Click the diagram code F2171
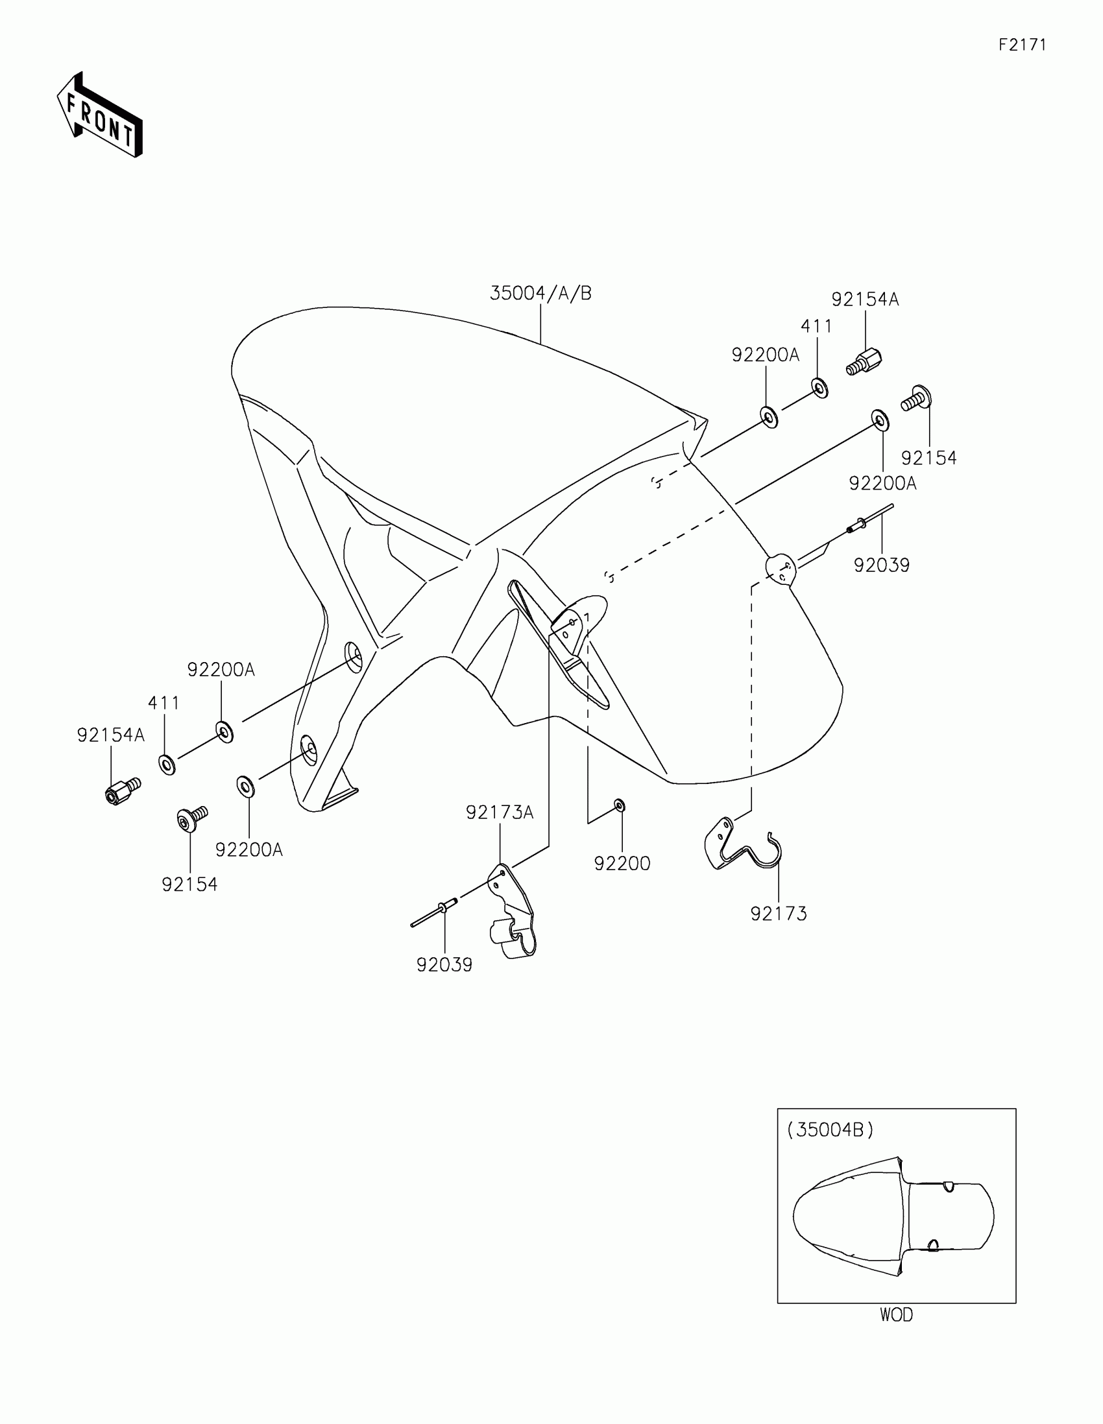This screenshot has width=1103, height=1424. [1022, 45]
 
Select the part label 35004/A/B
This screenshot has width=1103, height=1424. [540, 293]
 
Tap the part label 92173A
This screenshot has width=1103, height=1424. [500, 813]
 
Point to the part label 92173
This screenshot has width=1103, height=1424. [779, 914]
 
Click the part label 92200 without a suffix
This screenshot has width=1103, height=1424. [622, 863]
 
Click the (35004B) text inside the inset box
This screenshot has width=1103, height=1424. [830, 1130]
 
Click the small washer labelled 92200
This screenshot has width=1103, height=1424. [620, 807]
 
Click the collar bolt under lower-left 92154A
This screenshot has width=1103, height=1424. [123, 790]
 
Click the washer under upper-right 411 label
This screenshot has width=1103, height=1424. [820, 388]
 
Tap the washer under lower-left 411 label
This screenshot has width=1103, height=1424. [166, 763]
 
